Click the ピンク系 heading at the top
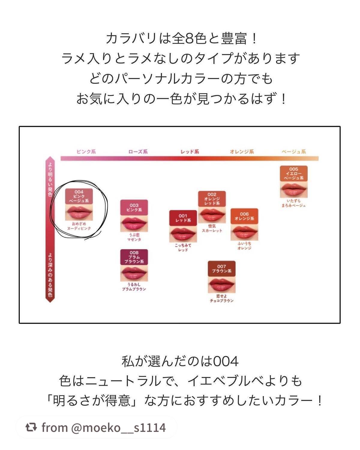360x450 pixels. point(86,152)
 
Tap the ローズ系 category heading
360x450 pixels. point(138,152)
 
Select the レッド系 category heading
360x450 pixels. point(190,152)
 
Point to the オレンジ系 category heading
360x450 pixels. point(242,152)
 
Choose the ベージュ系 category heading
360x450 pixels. point(294,152)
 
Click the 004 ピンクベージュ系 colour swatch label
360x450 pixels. point(79,196)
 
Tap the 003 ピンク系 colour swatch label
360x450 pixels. point(134,207)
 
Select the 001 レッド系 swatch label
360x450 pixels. point(183,218)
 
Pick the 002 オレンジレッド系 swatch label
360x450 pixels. point(212,199)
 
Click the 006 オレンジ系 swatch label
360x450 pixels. point(244,216)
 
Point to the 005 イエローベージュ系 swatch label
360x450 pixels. point(294,173)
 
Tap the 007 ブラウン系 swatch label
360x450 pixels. point(222,268)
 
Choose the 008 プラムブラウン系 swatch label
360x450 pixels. point(134,257)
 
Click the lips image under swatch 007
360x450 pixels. point(222,284)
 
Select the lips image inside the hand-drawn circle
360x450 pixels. point(79,212)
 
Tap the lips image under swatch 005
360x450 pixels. point(294,189)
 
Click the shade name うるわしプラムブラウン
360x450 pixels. point(134,287)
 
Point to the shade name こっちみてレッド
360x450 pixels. point(183,247)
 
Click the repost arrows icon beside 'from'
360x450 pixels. point(31,427)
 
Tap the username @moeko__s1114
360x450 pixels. point(118,427)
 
